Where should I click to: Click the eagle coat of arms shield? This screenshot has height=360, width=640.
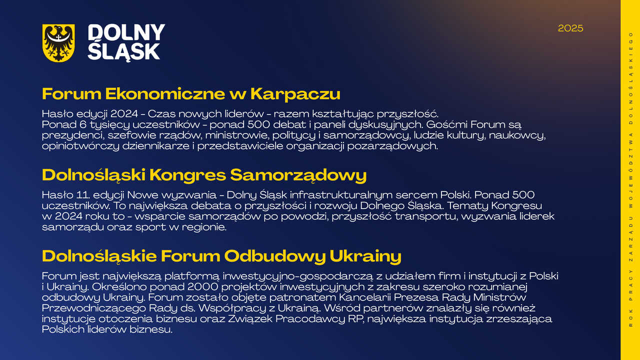point(58,43)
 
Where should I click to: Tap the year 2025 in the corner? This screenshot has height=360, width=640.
point(570,28)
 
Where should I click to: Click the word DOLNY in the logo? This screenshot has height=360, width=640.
point(126,32)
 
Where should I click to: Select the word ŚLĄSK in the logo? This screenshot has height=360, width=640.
point(123,51)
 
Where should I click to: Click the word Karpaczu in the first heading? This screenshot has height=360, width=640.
point(295,94)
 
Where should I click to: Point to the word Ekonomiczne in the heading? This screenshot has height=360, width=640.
point(165,93)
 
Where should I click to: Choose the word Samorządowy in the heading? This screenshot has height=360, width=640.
point(298,175)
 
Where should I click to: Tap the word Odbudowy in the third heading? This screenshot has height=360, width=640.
point(274,256)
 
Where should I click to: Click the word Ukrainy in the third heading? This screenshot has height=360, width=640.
point(365,256)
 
